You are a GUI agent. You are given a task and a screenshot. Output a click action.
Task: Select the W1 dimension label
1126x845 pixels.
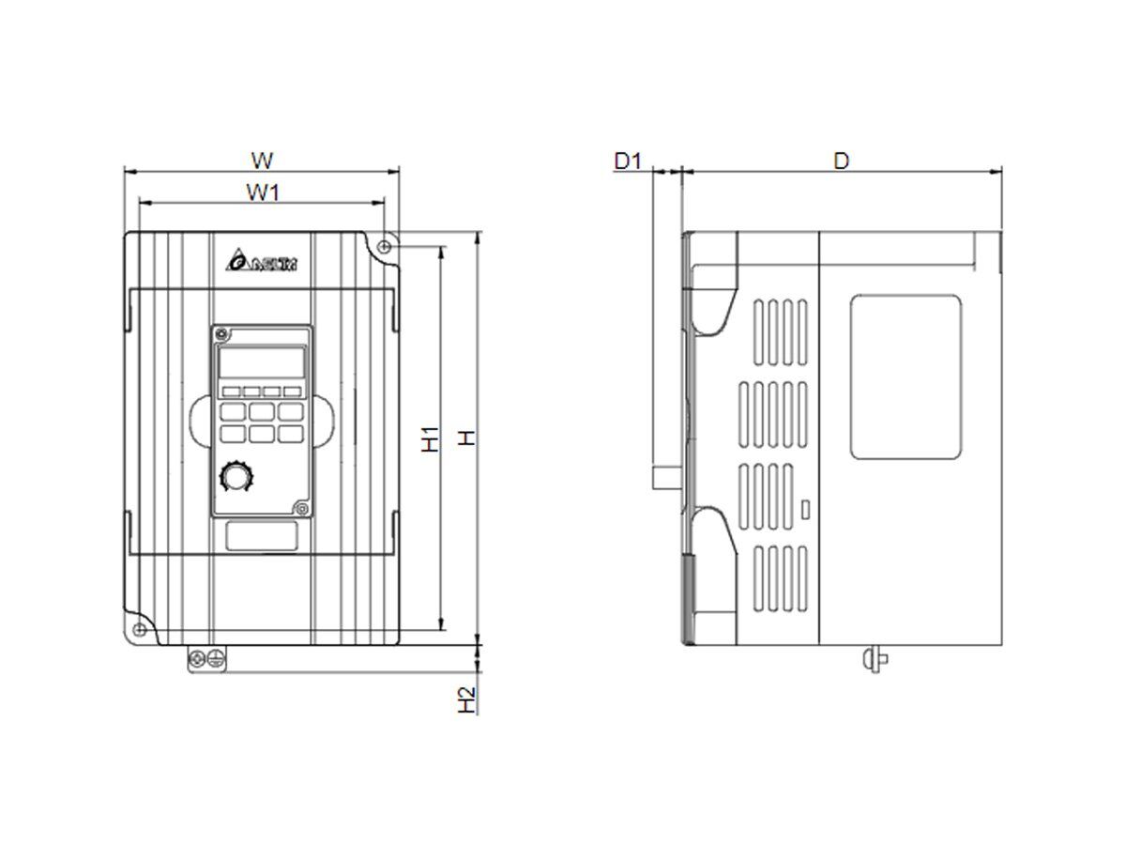(264, 192)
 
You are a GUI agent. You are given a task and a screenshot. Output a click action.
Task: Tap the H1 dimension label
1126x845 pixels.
(430, 438)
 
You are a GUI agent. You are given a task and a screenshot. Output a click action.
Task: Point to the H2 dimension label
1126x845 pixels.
(466, 699)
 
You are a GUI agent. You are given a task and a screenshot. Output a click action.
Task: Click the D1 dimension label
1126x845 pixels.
(627, 161)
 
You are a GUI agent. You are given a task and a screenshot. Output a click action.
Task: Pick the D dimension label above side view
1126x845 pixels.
(842, 161)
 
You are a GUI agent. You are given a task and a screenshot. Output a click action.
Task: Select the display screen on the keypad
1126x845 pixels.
(262, 362)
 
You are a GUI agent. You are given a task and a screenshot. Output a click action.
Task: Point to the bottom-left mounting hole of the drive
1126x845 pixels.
(139, 628)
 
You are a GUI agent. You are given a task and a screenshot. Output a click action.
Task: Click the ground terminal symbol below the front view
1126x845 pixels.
(215, 659)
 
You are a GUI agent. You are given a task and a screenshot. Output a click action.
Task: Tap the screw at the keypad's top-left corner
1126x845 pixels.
(221, 334)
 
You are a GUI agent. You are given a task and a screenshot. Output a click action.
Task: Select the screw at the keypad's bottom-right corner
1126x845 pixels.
(301, 508)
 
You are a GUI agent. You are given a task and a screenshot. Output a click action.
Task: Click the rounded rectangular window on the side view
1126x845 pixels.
(905, 376)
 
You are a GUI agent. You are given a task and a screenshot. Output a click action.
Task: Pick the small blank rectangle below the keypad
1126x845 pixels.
(262, 536)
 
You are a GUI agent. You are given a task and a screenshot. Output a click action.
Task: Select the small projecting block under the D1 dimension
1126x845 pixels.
(666, 477)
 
